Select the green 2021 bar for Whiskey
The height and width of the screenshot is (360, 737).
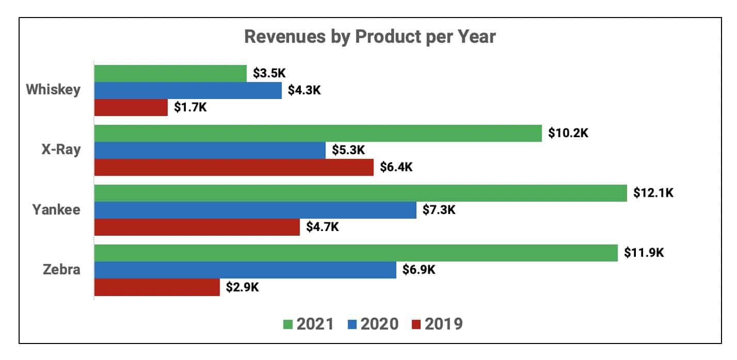tap(170, 73)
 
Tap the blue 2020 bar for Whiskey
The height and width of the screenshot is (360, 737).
tap(188, 90)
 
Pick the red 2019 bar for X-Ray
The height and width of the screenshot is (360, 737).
tap(234, 167)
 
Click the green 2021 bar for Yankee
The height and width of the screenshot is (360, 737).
tap(360, 193)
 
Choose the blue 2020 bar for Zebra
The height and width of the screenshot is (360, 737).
tap(245, 270)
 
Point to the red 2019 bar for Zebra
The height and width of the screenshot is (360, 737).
tap(157, 287)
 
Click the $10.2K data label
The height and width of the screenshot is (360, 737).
tap(568, 133)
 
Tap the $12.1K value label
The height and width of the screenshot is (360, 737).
tap(654, 193)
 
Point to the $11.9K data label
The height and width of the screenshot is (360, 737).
tap(644, 253)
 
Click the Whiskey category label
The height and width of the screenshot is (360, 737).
tap(54, 90)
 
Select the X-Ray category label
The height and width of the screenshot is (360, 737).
tap(61, 150)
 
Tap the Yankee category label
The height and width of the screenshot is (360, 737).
tap(56, 210)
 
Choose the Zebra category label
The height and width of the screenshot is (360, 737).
tap(61, 270)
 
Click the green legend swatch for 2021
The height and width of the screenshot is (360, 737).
tap(288, 324)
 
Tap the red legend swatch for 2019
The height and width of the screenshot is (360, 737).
tap(417, 324)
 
